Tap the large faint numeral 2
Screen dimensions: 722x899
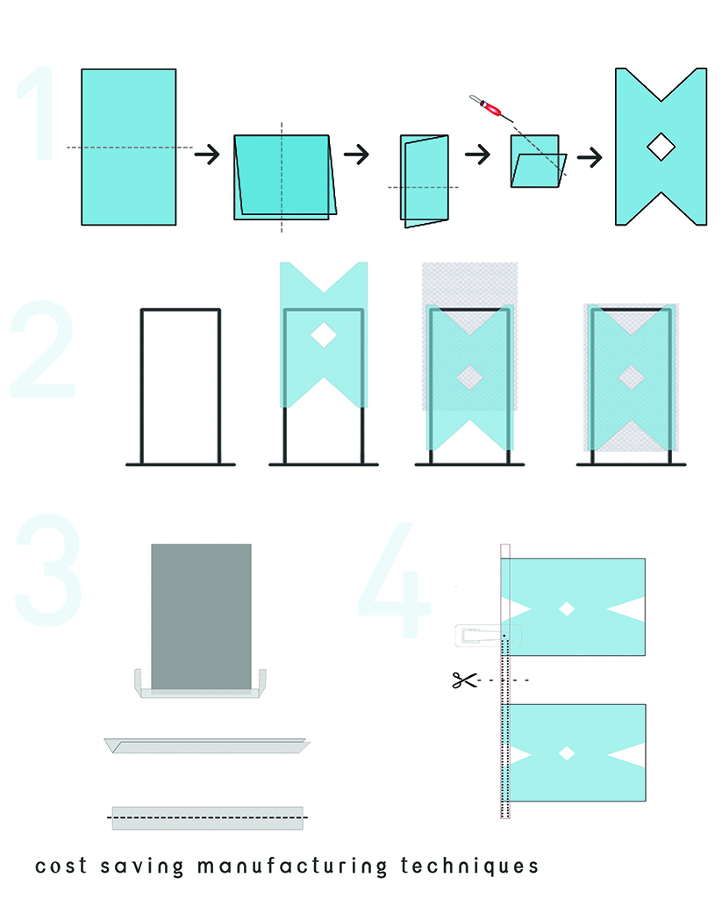click(x=43, y=349)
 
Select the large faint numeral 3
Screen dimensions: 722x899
click(x=48, y=570)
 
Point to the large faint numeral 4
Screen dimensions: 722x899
click(x=396, y=579)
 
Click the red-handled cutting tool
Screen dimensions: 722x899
click(x=490, y=108)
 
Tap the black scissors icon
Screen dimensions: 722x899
click(x=464, y=680)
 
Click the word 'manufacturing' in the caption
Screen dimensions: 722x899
click(x=291, y=867)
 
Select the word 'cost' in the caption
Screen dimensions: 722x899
click(x=61, y=867)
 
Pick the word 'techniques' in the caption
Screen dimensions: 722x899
click(x=469, y=867)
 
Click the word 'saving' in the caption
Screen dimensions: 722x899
click(x=142, y=867)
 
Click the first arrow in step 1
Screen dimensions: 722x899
click(x=207, y=155)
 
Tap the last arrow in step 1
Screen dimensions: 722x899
click(x=590, y=156)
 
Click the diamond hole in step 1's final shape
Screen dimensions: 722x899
click(x=661, y=147)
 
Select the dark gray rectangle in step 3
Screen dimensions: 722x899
click(x=201, y=617)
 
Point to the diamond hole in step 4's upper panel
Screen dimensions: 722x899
click(x=567, y=608)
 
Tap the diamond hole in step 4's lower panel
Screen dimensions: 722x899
click(x=567, y=752)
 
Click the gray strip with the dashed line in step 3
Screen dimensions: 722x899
click(x=207, y=818)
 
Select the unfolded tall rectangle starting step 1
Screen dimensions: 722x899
click(x=129, y=147)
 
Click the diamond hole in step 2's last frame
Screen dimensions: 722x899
click(x=631, y=378)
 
